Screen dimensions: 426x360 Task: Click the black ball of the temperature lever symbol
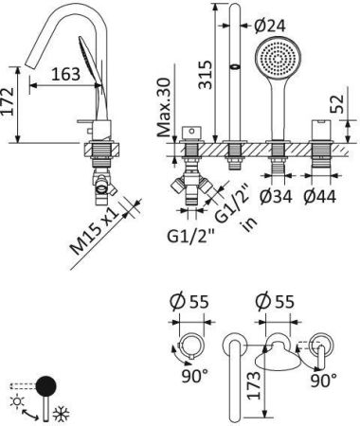click(46, 386)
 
